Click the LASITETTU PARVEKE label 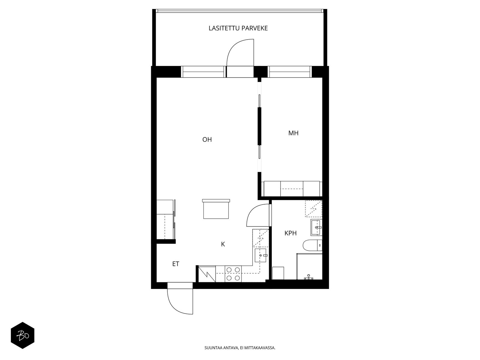[238, 28]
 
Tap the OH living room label [207, 139]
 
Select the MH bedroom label [293, 133]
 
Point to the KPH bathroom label [290, 233]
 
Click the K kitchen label [223, 244]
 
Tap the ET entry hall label [175, 264]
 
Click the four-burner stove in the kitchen [233, 274]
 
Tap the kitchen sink [260, 255]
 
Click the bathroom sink [316, 227]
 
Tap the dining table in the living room [216, 209]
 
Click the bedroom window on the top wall [289, 72]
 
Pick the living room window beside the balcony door [204, 72]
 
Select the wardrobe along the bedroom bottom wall [292, 189]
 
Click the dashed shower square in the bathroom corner [313, 208]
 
